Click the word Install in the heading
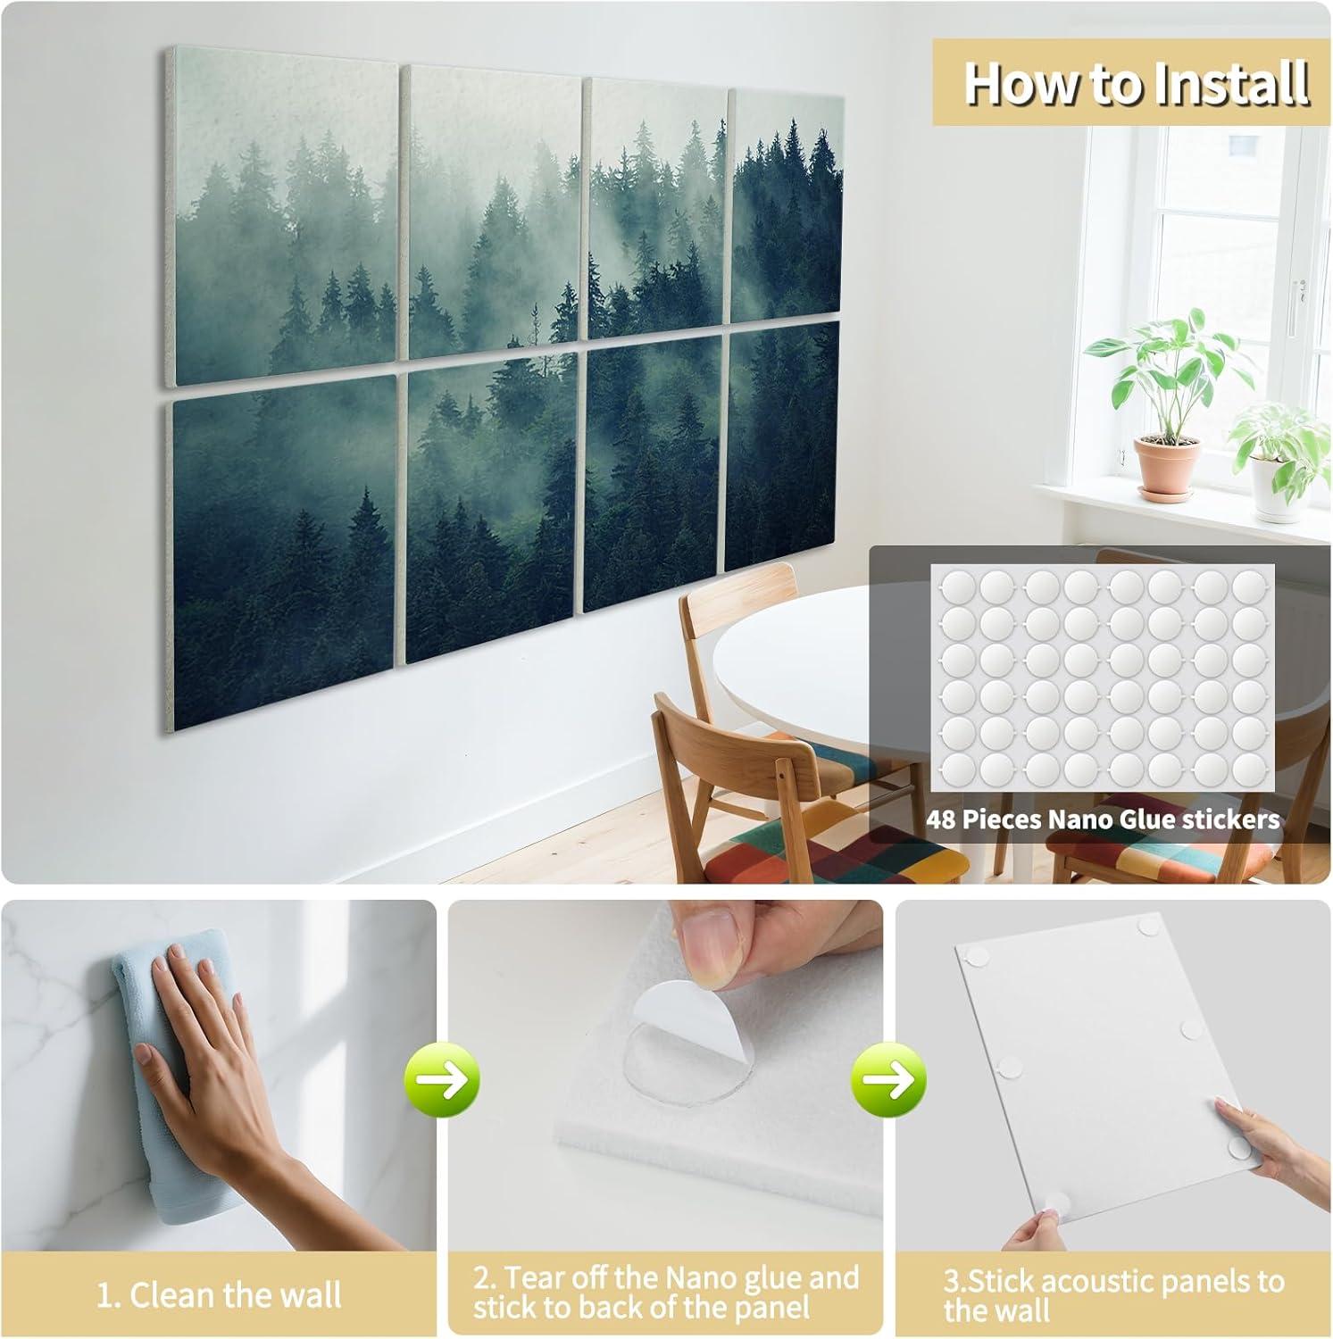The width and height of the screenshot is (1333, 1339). pyautogui.click(x=1229, y=84)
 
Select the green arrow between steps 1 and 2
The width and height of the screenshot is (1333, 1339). pyautogui.click(x=443, y=1081)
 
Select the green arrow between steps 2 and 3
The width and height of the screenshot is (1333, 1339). pyautogui.click(x=889, y=1081)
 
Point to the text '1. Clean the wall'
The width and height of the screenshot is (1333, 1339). pyautogui.click(x=219, y=1294)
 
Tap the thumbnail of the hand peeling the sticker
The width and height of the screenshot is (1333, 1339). pyautogui.click(x=665, y=1071)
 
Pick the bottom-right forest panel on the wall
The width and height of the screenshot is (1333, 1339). pyautogui.click(x=782, y=446)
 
